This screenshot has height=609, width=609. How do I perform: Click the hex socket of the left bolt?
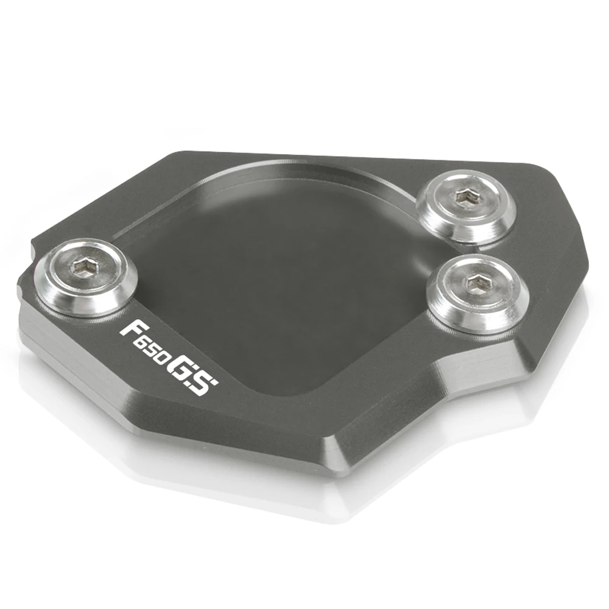point(83,267)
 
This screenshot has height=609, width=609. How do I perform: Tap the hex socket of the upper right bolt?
point(463,195)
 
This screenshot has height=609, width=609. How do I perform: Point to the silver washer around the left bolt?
point(86,277)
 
